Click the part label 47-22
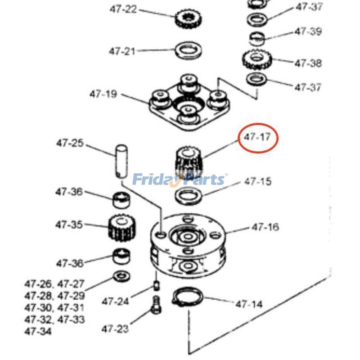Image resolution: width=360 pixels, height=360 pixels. [123, 9]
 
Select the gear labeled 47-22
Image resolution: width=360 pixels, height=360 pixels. [188, 19]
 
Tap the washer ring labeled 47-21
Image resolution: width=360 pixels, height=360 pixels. [189, 50]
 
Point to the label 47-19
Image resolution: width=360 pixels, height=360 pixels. [103, 94]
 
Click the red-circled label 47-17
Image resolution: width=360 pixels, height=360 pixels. [257, 137]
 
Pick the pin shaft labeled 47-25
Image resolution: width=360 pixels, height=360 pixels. [121, 161]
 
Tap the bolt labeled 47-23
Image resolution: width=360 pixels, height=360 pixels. [156, 305]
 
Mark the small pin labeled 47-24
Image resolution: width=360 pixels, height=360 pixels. [156, 286]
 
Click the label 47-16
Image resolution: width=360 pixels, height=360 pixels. [265, 227]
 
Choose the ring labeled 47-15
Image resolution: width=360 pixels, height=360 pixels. [189, 196]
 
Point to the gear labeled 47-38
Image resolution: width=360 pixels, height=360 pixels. [257, 59]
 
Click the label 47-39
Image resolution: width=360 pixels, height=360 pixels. [308, 31]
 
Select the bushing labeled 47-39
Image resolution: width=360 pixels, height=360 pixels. [257, 39]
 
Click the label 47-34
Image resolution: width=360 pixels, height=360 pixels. [38, 331]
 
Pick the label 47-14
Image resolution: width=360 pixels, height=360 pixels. [249, 304]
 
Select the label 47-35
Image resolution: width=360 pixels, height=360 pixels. [69, 225]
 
